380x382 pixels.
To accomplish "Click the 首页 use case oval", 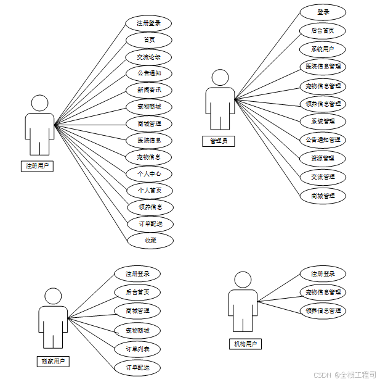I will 149,40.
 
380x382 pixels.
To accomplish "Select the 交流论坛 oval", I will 149,57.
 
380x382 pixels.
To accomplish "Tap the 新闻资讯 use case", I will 149,90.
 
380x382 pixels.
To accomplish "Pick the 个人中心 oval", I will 149,174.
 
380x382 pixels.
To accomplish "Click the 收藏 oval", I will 150,240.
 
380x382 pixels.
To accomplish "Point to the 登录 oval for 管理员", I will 323,12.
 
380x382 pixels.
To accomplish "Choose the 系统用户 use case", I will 323,49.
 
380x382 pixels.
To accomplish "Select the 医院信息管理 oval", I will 323,66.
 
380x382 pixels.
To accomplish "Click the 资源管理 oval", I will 323,159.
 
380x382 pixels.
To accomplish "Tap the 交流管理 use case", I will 323,177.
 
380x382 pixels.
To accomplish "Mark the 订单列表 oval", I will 137,349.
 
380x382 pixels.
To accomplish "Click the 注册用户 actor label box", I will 36,165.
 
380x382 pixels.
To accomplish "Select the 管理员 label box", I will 218,141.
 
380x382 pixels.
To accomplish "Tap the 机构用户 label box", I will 245,344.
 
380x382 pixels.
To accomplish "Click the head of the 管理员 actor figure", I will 220,78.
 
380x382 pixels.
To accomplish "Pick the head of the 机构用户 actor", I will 243,280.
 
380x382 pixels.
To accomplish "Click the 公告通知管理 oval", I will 323,139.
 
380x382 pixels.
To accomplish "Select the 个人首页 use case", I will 150,191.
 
